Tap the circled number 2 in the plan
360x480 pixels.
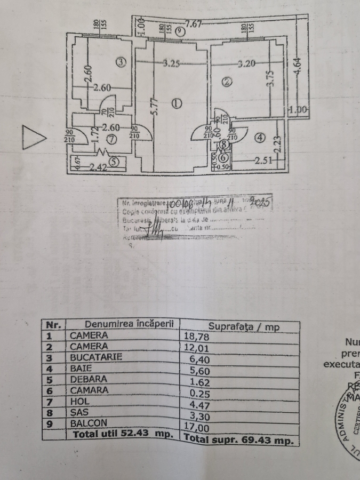pyautogui.click(x=227, y=82)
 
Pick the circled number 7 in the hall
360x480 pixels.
pyautogui.click(x=111, y=140)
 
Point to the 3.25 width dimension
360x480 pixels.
pyautogui.click(x=171, y=64)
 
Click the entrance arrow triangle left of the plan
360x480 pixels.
pyautogui.click(x=34, y=138)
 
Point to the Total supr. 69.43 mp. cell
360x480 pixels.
pyautogui.click(x=239, y=440)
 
